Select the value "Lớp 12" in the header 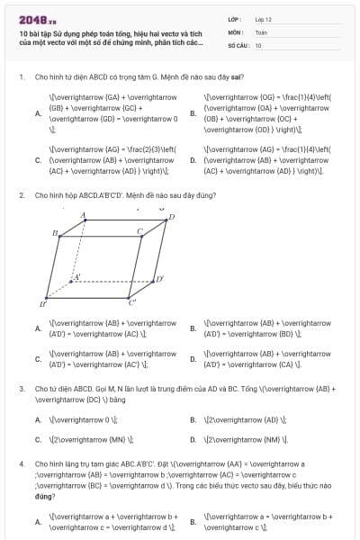(264, 19)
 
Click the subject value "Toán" (261, 31)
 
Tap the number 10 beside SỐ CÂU (258, 44)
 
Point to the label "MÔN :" (237, 31)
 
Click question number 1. (21, 77)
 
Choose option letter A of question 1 (37, 113)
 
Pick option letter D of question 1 (193, 160)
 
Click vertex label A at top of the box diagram (84, 215)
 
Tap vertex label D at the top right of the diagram (172, 217)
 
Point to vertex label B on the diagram (56, 234)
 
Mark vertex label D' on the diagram (159, 280)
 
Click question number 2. (21, 194)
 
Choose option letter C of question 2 (37, 359)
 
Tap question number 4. (21, 463)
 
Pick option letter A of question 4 (37, 521)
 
